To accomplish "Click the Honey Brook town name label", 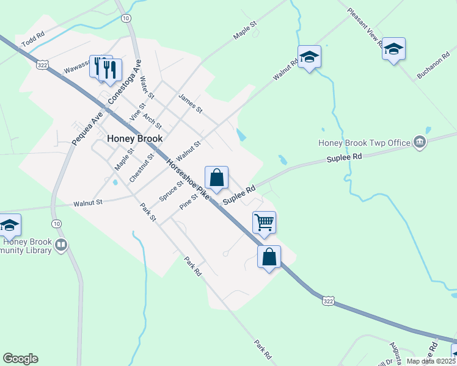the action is (x=135, y=138).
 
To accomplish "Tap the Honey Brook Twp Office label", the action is (x=364, y=143).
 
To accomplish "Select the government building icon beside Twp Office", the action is (x=420, y=142).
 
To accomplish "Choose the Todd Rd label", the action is (x=33, y=40).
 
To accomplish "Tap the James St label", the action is (x=190, y=102).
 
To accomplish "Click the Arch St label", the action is (x=152, y=120).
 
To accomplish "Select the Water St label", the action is (x=147, y=88).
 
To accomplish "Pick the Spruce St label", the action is (x=171, y=191).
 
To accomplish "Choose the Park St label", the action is (x=148, y=213).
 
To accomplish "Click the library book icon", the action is (x=60, y=246).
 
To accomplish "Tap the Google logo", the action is (x=20, y=359).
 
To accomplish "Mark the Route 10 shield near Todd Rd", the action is (x=126, y=19).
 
